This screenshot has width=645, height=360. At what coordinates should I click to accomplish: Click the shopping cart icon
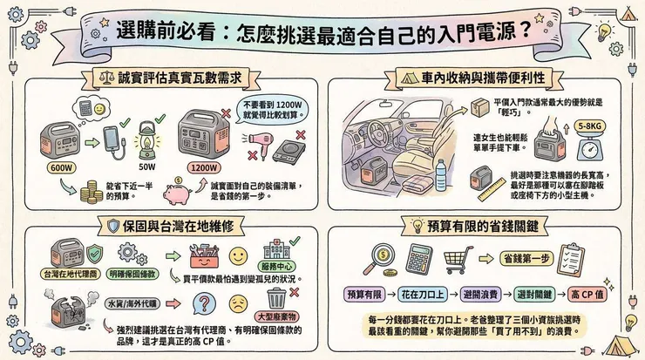[x=458, y=258]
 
